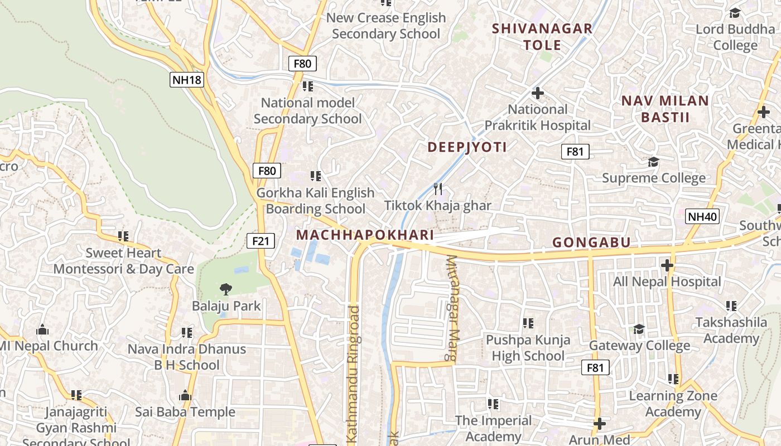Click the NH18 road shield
click(x=186, y=80)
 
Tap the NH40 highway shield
click(x=702, y=216)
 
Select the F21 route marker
click(x=261, y=241)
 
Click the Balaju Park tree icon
click(x=226, y=289)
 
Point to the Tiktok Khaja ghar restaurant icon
click(x=438, y=189)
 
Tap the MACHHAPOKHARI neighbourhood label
click(x=365, y=235)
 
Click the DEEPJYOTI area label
click(x=467, y=147)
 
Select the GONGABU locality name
click(x=591, y=242)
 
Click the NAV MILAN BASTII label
click(x=665, y=109)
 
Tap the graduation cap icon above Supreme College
click(x=653, y=162)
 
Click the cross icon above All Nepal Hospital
click(x=667, y=265)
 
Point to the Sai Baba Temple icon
click(x=185, y=396)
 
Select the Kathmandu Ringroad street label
click(x=353, y=374)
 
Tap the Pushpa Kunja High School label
click(x=528, y=347)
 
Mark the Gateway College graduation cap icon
click(x=639, y=329)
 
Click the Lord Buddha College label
click(x=735, y=37)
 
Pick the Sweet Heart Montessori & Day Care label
click(x=123, y=261)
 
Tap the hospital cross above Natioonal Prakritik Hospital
click(x=538, y=93)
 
